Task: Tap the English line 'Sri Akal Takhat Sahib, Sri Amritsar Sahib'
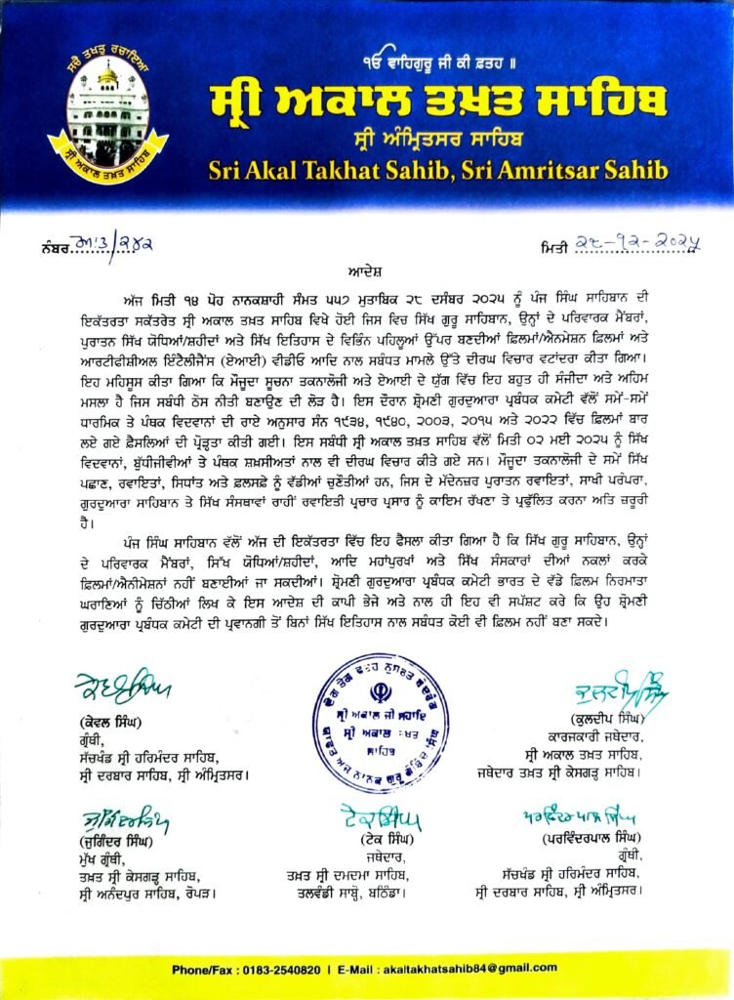[x=438, y=170]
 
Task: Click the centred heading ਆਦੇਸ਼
[x=366, y=266]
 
